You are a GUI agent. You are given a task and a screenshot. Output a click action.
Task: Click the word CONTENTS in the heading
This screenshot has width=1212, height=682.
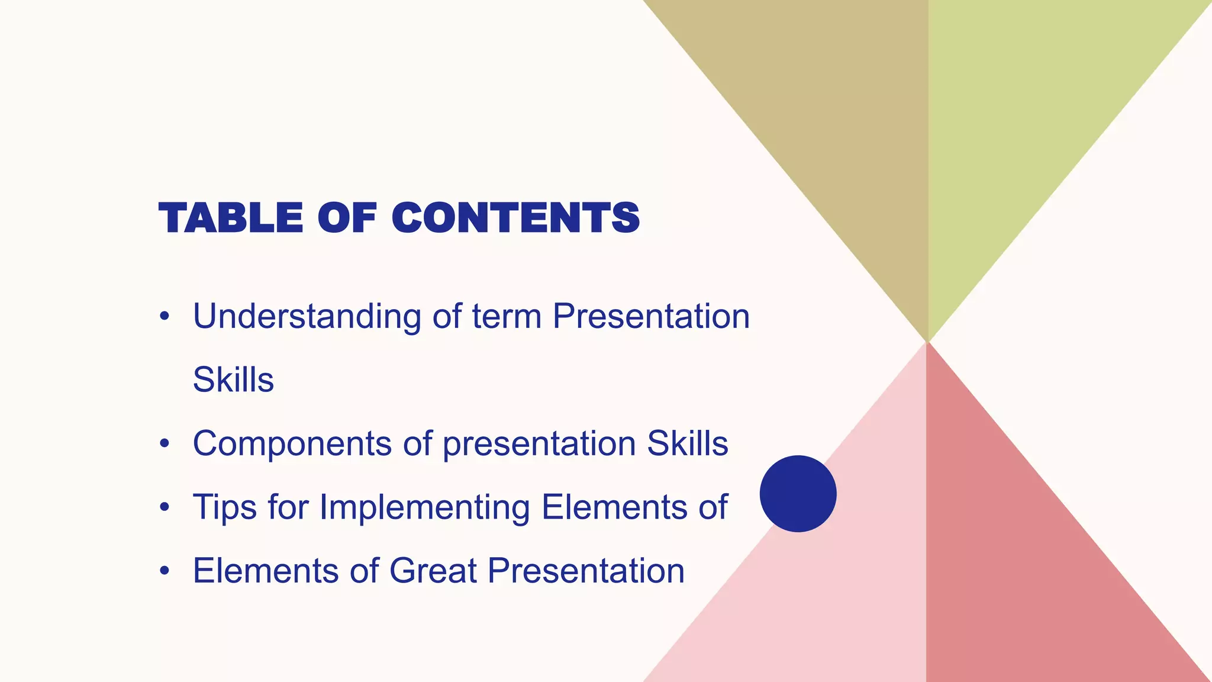click(515, 218)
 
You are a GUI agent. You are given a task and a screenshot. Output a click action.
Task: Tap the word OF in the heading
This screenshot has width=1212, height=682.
click(347, 218)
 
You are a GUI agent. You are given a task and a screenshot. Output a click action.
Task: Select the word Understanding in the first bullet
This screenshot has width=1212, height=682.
click(307, 317)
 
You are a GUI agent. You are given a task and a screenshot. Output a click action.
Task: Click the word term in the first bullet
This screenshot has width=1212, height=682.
click(507, 317)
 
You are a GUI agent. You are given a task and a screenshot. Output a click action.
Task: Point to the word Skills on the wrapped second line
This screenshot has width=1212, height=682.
click(233, 380)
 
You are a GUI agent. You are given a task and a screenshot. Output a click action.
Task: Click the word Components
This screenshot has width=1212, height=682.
click(292, 444)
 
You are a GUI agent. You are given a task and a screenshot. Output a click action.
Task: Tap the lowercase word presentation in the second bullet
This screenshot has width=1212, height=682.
click(539, 444)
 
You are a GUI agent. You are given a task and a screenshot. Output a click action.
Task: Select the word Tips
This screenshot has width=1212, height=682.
click(224, 508)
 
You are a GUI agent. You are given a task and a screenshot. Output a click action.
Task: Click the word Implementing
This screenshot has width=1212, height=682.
click(424, 508)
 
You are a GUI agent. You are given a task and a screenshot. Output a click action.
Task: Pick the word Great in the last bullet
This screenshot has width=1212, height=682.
click(433, 571)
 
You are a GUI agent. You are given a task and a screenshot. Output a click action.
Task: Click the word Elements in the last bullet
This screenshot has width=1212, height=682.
click(265, 571)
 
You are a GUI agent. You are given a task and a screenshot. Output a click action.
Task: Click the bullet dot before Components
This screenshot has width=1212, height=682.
click(165, 444)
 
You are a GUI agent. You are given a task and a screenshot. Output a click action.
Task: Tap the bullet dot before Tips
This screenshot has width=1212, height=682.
click(165, 508)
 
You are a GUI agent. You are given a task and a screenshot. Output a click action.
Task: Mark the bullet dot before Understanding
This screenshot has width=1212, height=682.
click(165, 317)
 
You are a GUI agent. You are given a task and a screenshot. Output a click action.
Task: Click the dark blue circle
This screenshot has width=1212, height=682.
click(798, 494)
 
